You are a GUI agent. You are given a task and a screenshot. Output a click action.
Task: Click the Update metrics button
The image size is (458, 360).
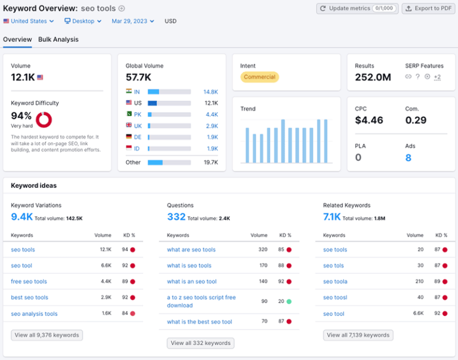click(356, 8)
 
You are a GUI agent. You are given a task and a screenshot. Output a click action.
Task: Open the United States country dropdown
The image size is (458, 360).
click(28, 21)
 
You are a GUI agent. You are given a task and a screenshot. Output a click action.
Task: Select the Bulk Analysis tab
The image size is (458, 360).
click(58, 39)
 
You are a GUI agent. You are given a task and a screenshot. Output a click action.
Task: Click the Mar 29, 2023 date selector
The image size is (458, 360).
click(132, 21)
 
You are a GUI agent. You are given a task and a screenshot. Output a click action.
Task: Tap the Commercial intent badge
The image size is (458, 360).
click(259, 77)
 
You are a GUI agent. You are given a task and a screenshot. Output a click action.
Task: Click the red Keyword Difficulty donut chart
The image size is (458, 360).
click(44, 120)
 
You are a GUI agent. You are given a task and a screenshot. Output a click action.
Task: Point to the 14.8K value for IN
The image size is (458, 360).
click(211, 92)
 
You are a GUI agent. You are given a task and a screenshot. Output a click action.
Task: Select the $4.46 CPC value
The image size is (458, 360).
click(369, 120)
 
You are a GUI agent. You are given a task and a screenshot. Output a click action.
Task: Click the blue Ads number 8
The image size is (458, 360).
click(409, 158)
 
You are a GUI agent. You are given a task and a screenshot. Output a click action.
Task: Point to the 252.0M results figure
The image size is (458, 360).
click(373, 77)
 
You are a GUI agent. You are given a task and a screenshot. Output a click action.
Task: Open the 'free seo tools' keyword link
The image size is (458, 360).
click(29, 281)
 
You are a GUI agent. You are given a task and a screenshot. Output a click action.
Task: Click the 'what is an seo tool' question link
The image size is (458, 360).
click(191, 281)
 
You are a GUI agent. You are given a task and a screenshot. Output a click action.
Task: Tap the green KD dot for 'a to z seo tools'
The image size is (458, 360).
click(288, 302)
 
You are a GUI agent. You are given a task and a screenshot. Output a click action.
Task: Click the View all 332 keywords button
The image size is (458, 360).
click(200, 343)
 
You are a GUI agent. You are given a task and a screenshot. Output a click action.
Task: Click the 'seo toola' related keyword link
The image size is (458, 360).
click(335, 281)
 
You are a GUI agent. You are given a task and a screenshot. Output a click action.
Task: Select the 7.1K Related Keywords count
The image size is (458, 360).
click(332, 217)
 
